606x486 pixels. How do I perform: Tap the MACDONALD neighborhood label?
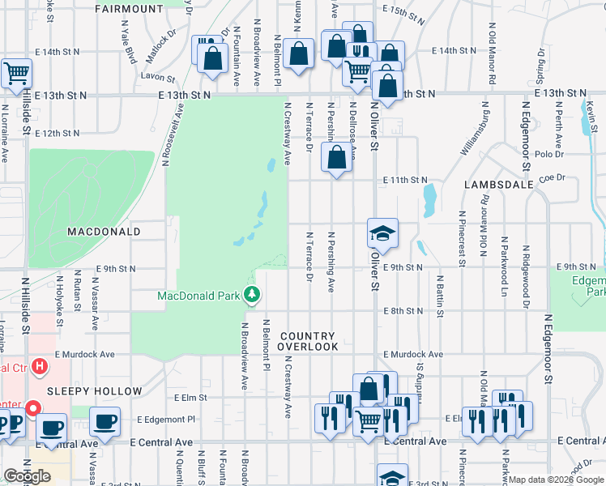pyautogui.click(x=104, y=232)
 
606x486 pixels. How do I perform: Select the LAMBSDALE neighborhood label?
pyautogui.click(x=499, y=185)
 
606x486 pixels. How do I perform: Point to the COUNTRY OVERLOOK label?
pyautogui.click(x=308, y=341)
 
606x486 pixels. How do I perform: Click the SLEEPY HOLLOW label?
pyautogui.click(x=83, y=391)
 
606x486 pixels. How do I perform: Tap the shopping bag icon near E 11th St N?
pyautogui.click(x=337, y=156)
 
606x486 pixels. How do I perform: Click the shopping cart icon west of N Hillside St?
pyautogui.click(x=16, y=74)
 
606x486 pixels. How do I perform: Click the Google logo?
pyautogui.click(x=28, y=476)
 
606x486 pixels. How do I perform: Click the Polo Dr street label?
pyautogui.click(x=548, y=153)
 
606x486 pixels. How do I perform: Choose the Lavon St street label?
pyautogui.click(x=157, y=79)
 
